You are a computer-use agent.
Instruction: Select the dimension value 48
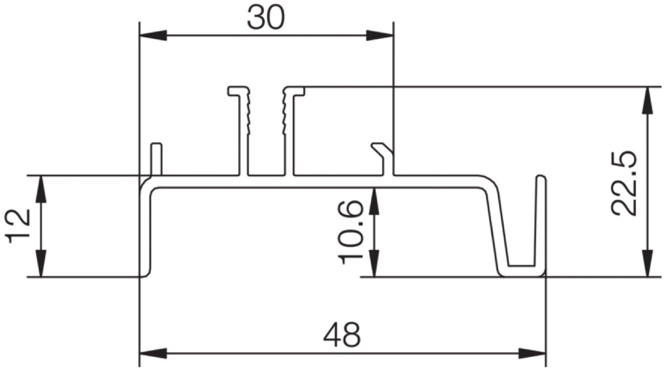coord(342,335)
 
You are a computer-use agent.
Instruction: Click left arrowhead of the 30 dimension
coord(153,35)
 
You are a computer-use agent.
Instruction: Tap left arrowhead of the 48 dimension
coord(153,353)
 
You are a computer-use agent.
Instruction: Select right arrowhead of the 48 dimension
coord(533,353)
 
